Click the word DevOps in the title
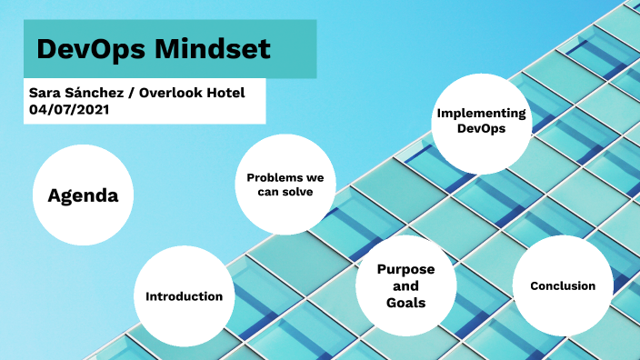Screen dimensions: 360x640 [x=86, y=49]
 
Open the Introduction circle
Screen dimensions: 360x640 [x=185, y=295]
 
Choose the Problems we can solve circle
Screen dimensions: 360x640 [x=285, y=185]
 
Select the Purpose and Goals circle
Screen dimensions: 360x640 [x=405, y=285]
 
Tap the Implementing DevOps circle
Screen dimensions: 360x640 [x=482, y=122]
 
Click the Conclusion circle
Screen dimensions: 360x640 [x=562, y=285]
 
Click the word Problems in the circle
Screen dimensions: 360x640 [x=285, y=177]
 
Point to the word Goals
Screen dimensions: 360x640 [x=405, y=302]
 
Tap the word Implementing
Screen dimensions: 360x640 [x=482, y=114]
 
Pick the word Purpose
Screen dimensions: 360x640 [x=405, y=270]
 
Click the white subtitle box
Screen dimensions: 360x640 [x=145, y=101]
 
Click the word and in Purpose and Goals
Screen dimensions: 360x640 [x=405, y=286]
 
